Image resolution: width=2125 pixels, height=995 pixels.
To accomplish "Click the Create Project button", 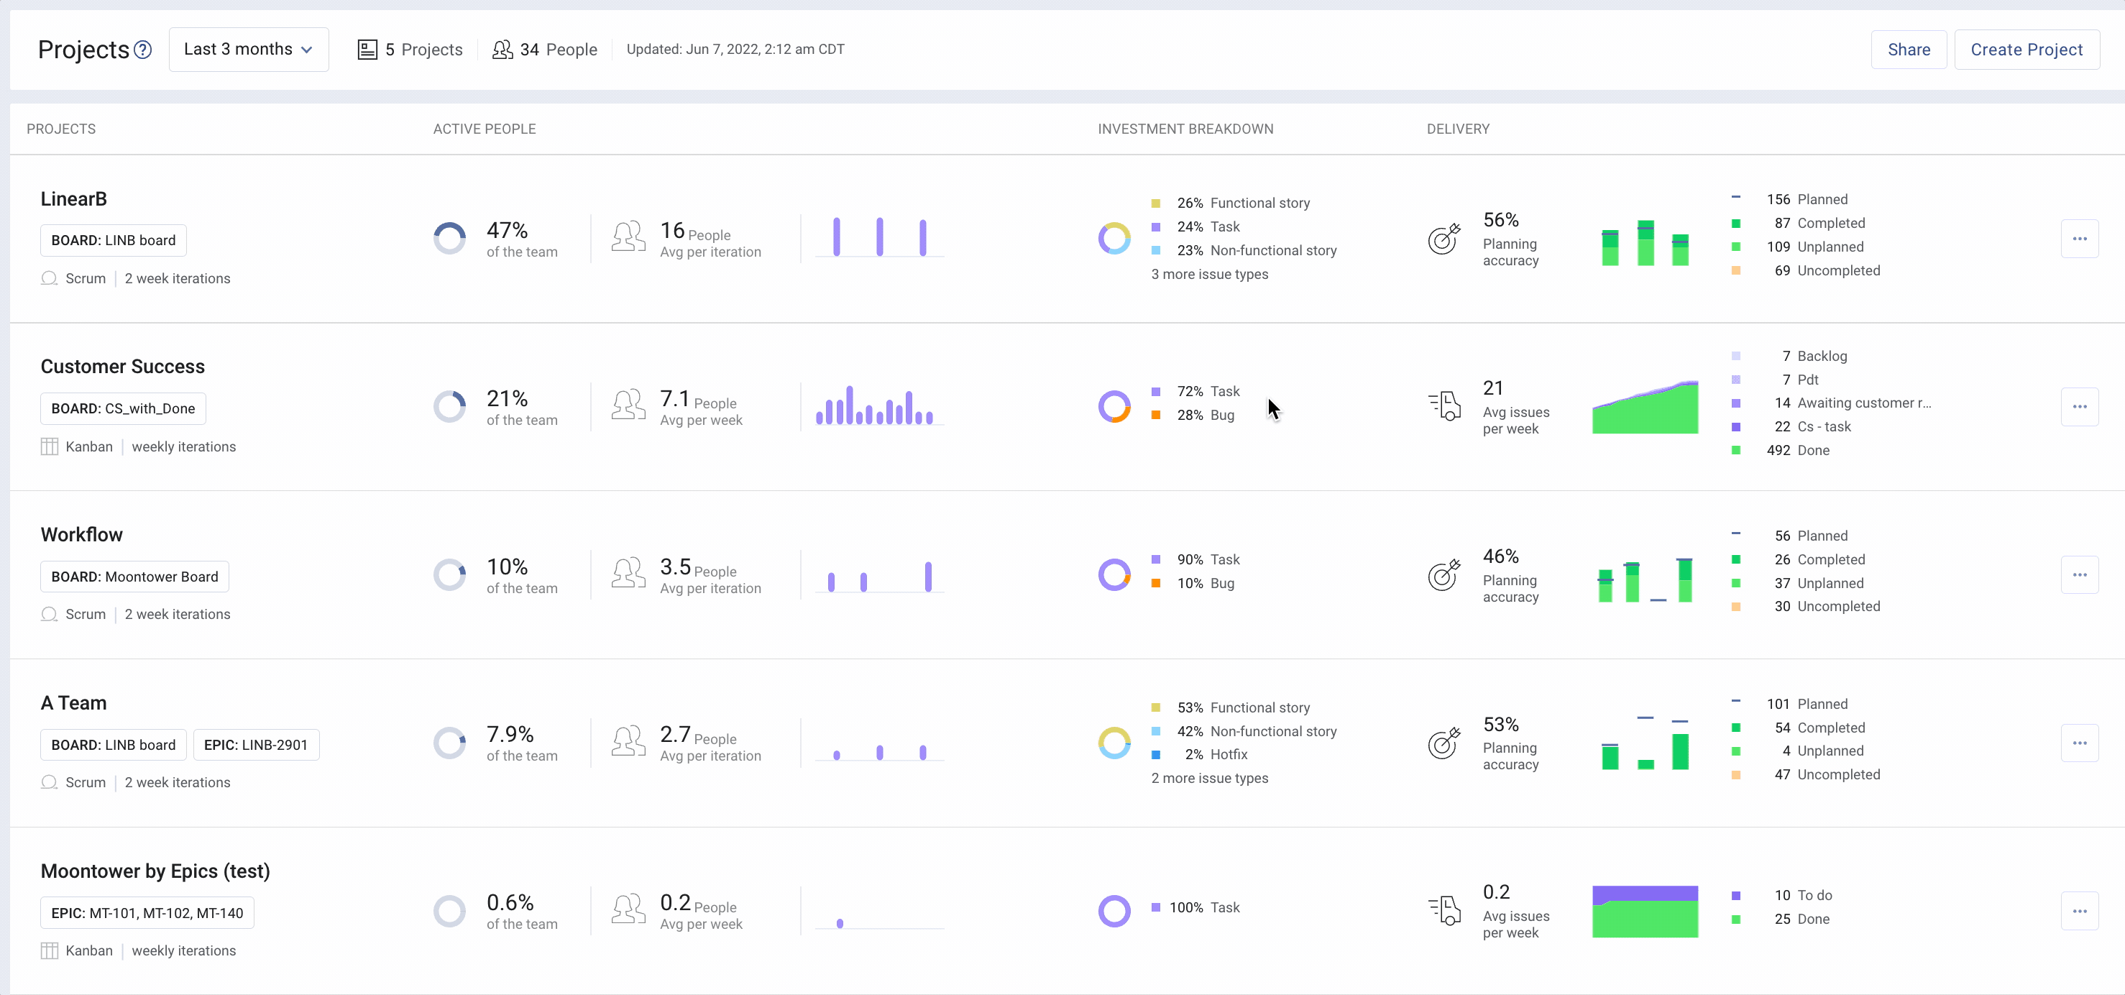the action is pos(2026,50).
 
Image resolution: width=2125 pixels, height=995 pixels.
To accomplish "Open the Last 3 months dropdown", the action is pos(248,50).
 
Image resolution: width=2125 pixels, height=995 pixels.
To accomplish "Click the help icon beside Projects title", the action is pos(143,50).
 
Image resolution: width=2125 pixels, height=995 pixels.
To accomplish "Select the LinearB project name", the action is pos(73,199).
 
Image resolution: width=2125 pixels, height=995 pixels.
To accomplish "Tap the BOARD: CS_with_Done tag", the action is pos(123,408).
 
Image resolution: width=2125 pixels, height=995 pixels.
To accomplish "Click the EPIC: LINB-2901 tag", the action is pos(256,745).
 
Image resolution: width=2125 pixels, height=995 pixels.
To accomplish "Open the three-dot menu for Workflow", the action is pos(2079,575).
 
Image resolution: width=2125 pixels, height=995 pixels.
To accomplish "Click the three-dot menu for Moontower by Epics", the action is pos(2079,912).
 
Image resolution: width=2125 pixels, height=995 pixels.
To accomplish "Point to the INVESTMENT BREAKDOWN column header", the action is pos(1185,129).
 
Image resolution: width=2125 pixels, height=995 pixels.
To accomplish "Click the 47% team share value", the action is pos(507,230).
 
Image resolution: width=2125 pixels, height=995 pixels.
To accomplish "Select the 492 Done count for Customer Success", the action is pos(1797,451).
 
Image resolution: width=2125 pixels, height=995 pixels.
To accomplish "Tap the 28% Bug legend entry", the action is pos(1206,415).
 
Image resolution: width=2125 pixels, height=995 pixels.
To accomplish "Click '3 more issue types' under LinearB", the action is pos(1209,274).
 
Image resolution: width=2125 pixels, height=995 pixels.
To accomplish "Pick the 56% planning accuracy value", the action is pos(1500,220).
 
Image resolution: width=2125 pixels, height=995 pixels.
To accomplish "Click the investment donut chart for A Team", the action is pos(1114,743).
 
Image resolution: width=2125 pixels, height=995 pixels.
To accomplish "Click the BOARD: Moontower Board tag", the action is pos(134,577).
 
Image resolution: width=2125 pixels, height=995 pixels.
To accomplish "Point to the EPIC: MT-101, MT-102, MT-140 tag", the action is pos(147,913).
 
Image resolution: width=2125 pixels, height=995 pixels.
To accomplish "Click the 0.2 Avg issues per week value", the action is pos(1495,893).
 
